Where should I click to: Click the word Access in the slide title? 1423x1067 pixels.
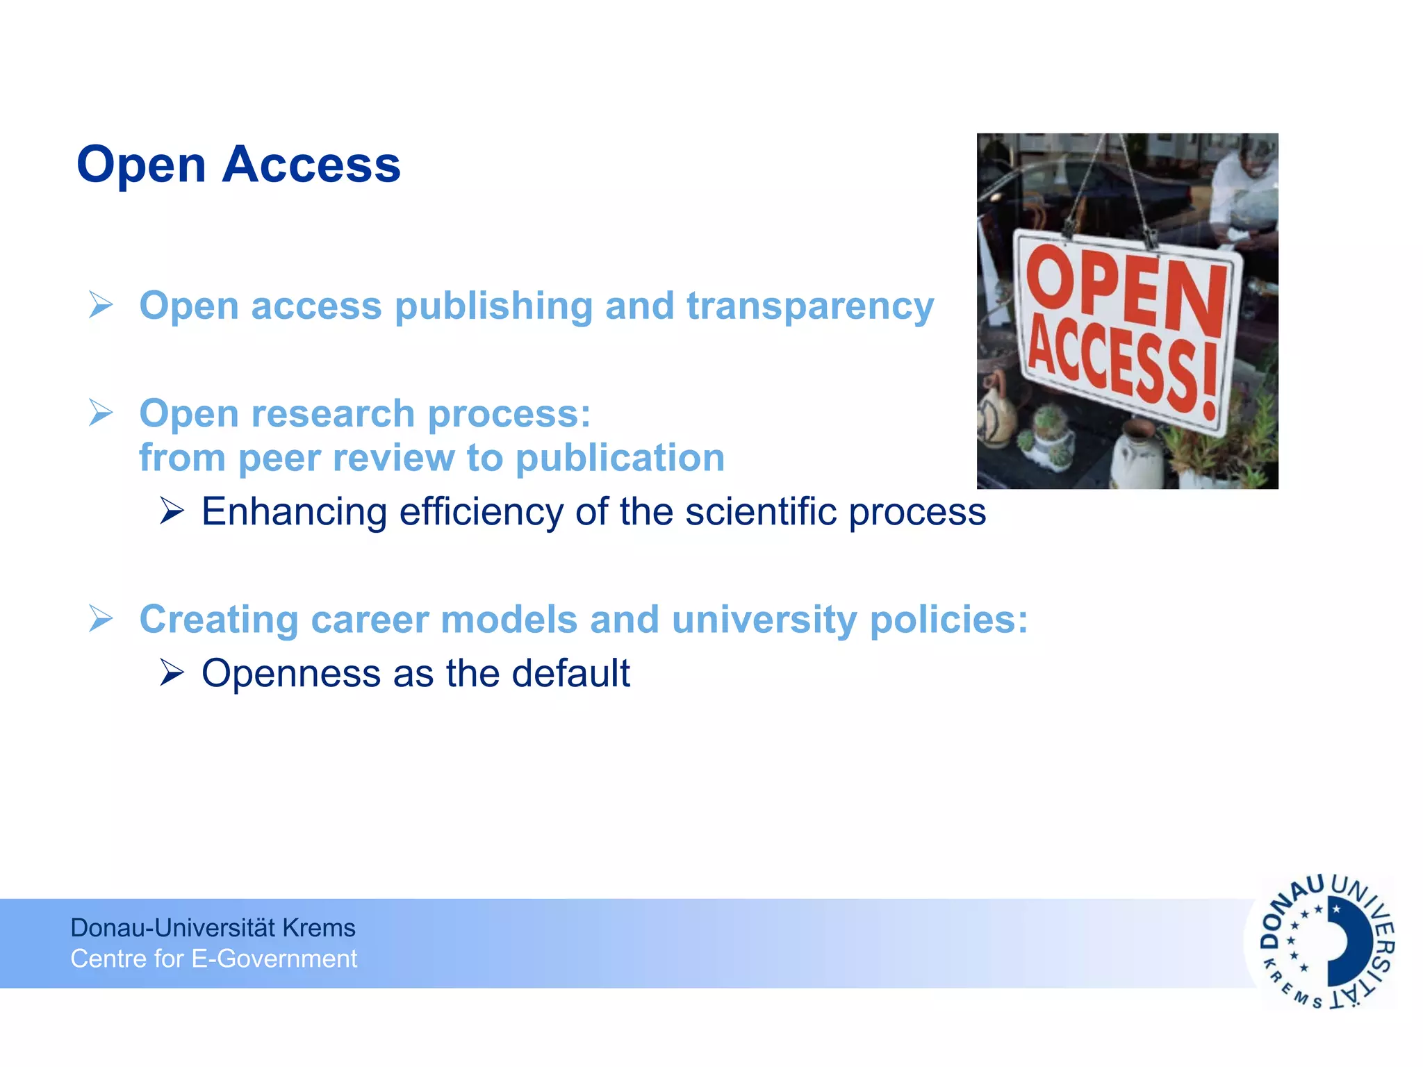pos(311,165)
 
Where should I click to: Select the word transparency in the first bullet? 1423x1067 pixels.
pos(810,306)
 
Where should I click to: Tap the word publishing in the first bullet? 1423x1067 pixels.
pos(493,306)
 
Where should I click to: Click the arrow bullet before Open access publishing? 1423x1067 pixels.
pos(101,305)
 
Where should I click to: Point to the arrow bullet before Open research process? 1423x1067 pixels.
pos(101,413)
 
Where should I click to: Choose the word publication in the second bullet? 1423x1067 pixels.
pos(620,458)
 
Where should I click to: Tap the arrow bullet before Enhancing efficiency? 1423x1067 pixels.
pos(172,511)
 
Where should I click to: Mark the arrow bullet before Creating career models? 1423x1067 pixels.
pos(101,618)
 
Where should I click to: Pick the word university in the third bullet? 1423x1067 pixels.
pos(764,620)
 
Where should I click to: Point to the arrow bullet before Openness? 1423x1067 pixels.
pos(172,672)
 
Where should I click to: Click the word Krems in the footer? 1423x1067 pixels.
pos(319,928)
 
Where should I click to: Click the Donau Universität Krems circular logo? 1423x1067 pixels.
pos(1326,942)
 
